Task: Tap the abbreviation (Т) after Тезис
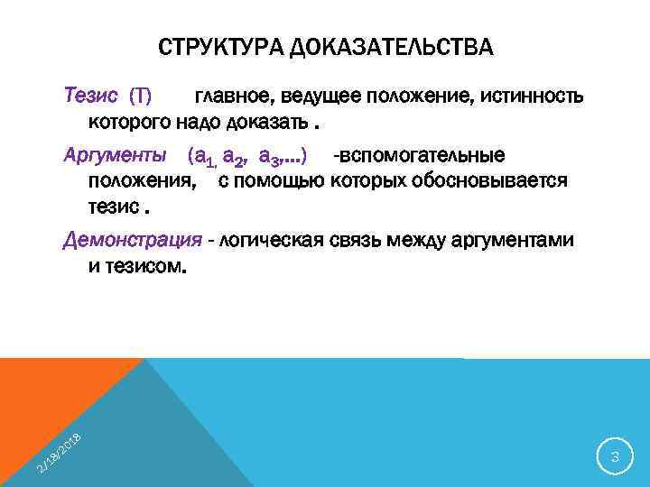pyautogui.click(x=142, y=96)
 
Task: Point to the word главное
pyautogui.click(x=227, y=96)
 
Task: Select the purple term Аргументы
pyautogui.click(x=114, y=156)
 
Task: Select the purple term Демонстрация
pyautogui.click(x=132, y=241)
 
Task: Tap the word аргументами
pyautogui.click(x=511, y=241)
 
